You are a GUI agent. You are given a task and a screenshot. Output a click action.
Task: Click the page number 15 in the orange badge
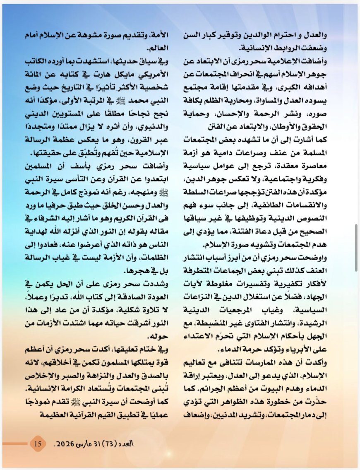(x=38, y=444)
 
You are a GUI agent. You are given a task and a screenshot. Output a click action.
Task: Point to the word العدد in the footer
(x=128, y=444)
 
